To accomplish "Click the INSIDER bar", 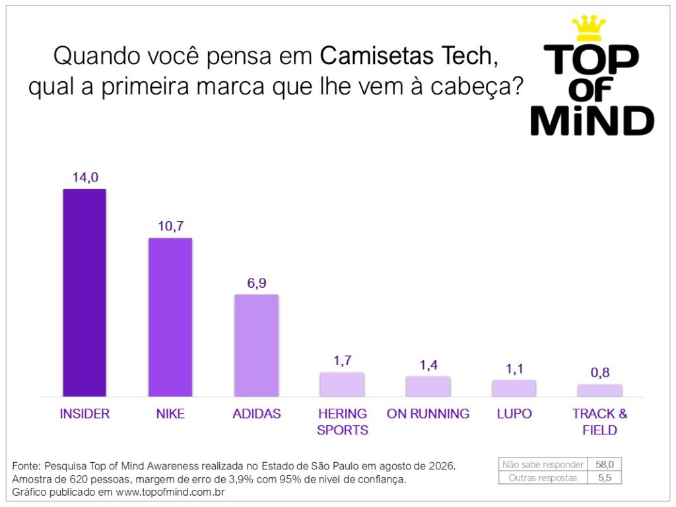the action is (x=84, y=292).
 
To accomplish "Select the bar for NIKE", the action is (x=170, y=317).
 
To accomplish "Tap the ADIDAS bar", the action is (x=257, y=345).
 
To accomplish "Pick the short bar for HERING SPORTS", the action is (x=342, y=384).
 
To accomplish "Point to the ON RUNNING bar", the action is (x=428, y=386).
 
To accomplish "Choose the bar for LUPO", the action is (x=514, y=388).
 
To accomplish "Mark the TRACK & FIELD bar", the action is (x=599, y=390).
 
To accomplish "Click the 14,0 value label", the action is (x=85, y=177).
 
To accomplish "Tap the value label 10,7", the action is (x=171, y=226).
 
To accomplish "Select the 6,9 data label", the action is (x=257, y=283).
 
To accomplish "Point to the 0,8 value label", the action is (x=600, y=372).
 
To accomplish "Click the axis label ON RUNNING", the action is (x=428, y=413).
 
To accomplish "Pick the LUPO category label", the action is (x=514, y=413).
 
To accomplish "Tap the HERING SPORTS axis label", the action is (x=343, y=422).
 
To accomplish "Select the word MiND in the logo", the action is (x=592, y=120).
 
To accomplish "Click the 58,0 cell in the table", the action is (x=605, y=464).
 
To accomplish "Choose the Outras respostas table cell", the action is (x=543, y=478).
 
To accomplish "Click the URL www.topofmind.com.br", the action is (x=170, y=492).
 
